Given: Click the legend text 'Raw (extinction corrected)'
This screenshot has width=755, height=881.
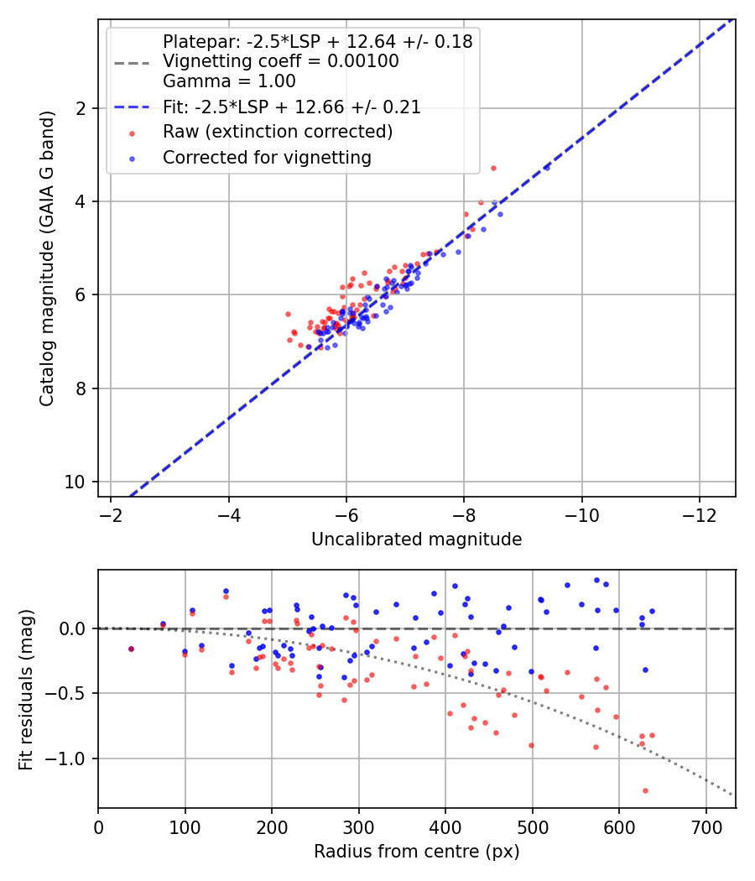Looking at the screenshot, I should tap(278, 132).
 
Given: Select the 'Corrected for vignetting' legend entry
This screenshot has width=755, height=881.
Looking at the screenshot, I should tap(267, 157).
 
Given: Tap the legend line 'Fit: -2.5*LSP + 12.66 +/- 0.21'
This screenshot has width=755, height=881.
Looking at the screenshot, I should tap(292, 107).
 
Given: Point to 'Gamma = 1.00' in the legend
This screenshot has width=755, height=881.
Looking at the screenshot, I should tap(229, 81).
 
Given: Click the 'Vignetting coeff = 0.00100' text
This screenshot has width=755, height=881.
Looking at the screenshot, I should tap(281, 61).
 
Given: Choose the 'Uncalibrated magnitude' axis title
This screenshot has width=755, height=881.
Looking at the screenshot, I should tap(416, 540).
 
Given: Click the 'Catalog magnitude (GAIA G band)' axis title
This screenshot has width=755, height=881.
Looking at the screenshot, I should tap(48, 258).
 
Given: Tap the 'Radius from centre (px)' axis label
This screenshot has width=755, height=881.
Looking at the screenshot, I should tap(416, 852).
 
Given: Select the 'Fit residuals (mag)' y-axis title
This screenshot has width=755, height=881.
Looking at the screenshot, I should tap(26, 690).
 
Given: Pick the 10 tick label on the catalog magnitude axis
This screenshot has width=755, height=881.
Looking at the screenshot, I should tap(81, 482).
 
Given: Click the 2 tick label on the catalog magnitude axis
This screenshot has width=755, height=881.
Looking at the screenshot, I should tap(81, 108).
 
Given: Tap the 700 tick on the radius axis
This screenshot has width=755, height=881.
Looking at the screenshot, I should tap(706, 826).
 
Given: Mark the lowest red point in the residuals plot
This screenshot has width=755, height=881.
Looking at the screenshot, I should tap(645, 790).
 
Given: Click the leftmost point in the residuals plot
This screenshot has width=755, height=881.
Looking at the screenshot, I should tap(131, 649).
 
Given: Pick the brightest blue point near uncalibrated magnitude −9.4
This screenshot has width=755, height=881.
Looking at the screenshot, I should tap(546, 168).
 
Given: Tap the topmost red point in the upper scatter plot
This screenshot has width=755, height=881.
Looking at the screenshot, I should tap(493, 168).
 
